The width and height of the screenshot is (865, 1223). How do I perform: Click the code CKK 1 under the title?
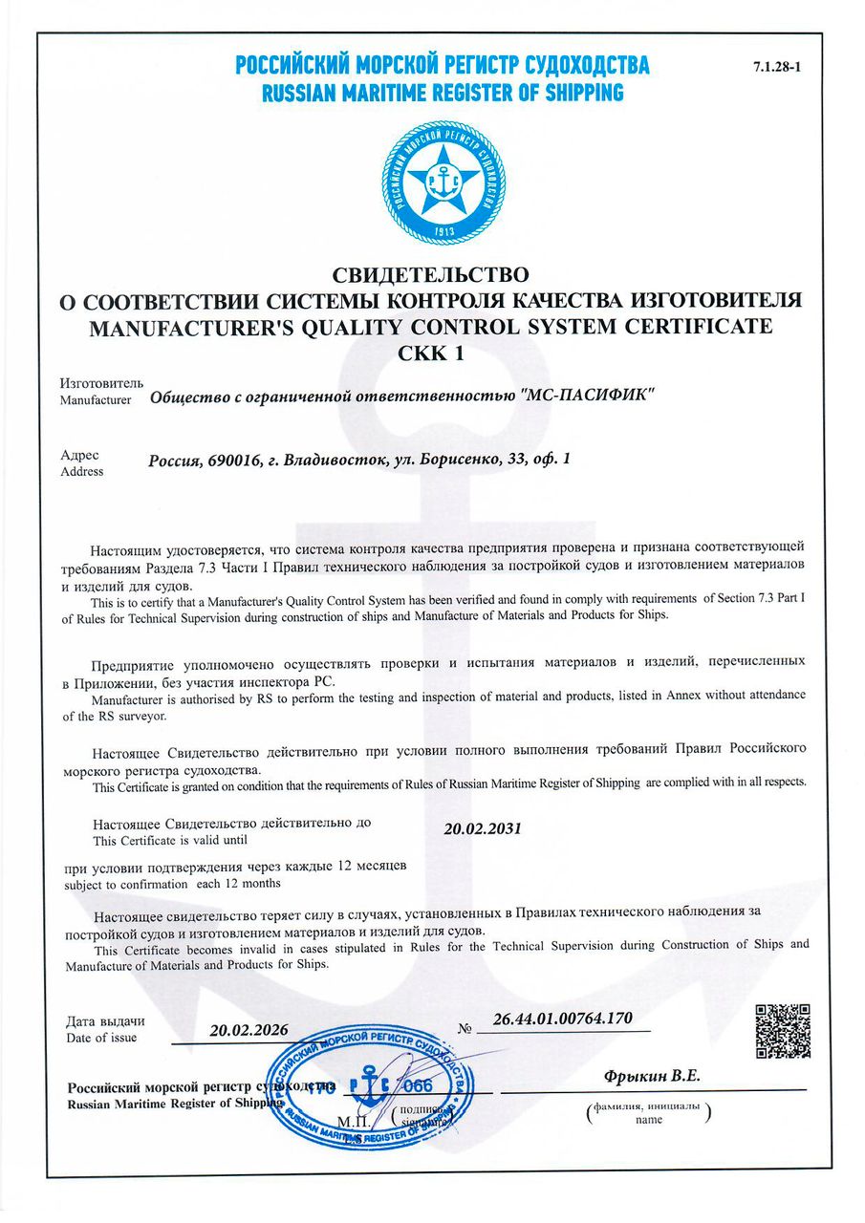(429, 352)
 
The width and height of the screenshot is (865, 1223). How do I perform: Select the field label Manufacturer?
(95, 399)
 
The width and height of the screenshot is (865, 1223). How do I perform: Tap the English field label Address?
(81, 471)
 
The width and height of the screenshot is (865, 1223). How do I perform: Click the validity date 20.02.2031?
(483, 828)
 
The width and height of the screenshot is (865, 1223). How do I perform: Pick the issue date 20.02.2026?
(249, 1030)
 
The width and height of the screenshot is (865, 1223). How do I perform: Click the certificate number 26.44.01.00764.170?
(563, 1019)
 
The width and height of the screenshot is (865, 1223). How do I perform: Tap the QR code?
(783, 1031)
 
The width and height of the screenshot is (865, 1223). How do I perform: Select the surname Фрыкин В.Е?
(652, 1076)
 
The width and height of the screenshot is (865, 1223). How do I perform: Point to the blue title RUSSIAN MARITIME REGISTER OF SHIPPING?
(442, 94)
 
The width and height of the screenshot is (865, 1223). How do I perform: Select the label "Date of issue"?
(101, 1038)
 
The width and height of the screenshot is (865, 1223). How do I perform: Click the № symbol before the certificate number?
(466, 1029)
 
